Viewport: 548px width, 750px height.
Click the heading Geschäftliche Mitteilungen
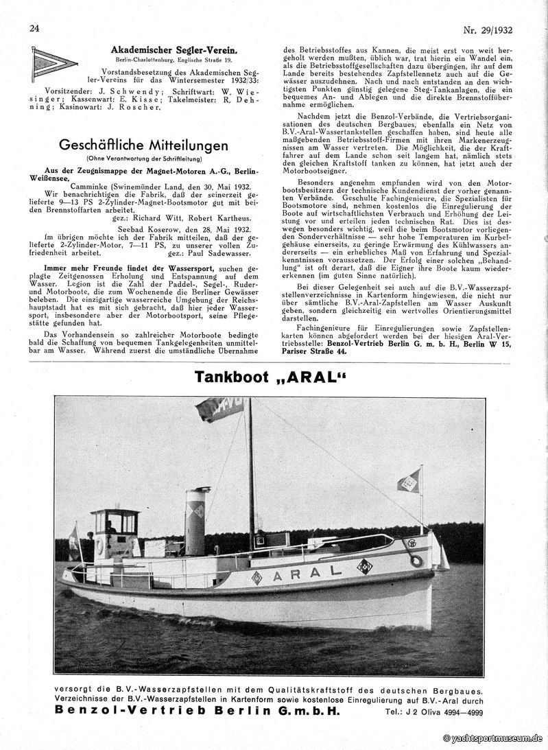(143, 145)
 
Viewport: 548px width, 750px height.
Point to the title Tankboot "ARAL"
(270, 377)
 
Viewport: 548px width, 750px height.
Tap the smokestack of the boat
(197, 521)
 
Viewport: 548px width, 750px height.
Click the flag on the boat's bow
(409, 481)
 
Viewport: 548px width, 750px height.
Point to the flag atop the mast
(220, 408)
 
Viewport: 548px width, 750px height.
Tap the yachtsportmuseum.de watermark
(492, 738)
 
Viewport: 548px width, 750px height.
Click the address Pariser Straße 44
(315, 351)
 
